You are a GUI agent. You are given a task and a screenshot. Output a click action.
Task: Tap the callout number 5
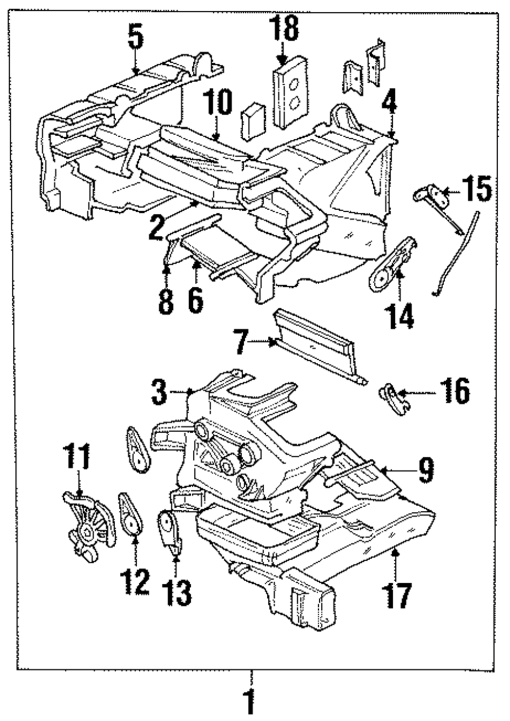pyautogui.click(x=136, y=38)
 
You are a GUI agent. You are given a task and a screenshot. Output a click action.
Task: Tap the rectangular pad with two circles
pyautogui.click(x=290, y=92)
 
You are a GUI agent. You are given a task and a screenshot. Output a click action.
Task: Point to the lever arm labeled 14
pyautogui.click(x=393, y=263)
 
